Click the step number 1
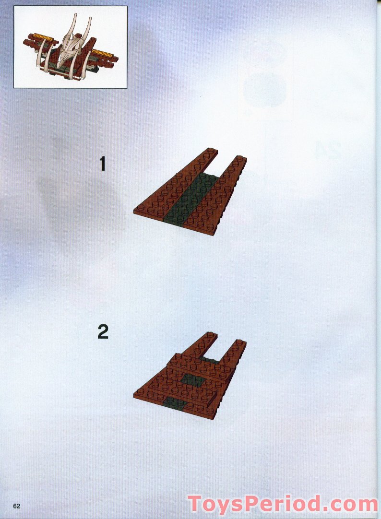(102, 164)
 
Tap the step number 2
(103, 331)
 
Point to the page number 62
(17, 506)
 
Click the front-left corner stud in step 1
(141, 208)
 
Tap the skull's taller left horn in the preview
(74, 26)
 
